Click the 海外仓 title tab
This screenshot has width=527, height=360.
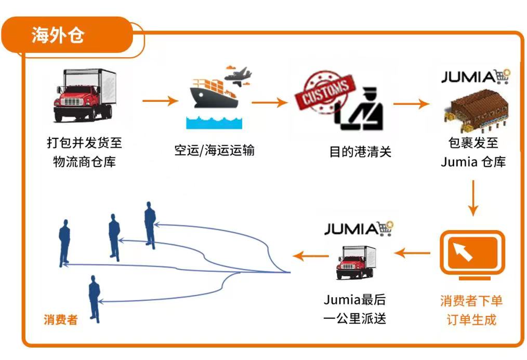click(58, 36)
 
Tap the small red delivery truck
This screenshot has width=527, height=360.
click(356, 262)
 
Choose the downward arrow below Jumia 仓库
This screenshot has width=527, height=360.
click(472, 198)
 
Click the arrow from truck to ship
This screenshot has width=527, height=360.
click(160, 101)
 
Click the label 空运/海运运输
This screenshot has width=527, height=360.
click(214, 151)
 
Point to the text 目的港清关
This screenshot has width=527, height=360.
click(360, 152)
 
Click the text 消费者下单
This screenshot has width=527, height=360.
click(471, 301)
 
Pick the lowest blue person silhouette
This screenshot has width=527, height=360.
click(94, 299)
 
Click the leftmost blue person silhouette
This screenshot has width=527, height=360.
click(64, 243)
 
